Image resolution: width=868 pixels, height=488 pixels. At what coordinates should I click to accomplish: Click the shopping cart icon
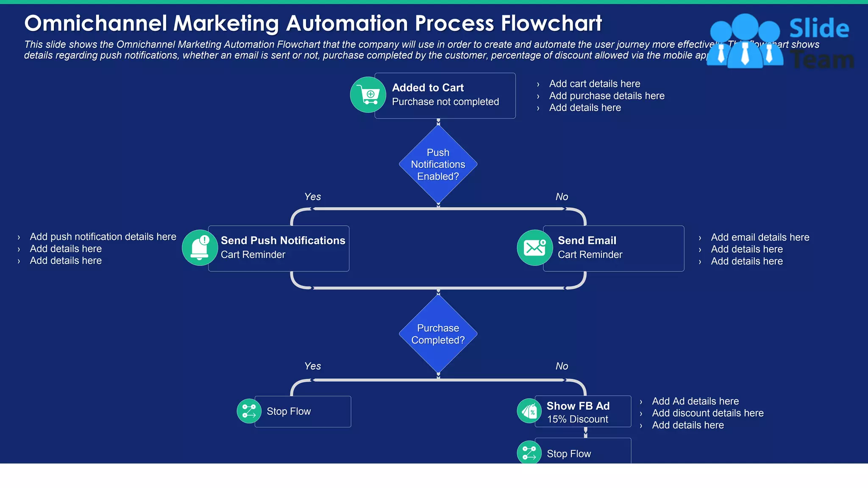[x=368, y=94]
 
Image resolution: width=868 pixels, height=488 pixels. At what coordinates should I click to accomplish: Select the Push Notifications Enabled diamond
[x=438, y=164]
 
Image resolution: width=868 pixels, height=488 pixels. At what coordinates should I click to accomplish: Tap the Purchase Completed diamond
[x=438, y=334]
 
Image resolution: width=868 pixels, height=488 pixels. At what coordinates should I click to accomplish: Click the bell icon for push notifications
[x=200, y=248]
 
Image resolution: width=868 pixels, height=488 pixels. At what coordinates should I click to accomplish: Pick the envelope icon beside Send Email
[x=534, y=248]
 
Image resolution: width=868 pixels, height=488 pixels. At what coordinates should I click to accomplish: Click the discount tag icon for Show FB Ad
[x=529, y=411]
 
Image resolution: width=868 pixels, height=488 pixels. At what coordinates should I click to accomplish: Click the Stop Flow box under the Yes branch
[x=303, y=411]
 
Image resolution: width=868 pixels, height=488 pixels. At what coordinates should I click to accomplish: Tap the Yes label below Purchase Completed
[x=312, y=366]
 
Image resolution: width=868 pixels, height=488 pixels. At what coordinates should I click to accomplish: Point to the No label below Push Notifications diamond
[x=562, y=197]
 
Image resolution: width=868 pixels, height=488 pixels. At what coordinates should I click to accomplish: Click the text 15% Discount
[x=577, y=419]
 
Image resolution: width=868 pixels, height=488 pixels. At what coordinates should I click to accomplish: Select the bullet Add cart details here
[x=594, y=84]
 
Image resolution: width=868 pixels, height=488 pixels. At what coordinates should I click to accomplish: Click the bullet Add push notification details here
[x=103, y=237]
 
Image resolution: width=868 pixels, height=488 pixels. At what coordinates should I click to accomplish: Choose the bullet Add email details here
[x=759, y=237]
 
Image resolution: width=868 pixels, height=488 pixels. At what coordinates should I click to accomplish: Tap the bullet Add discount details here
[x=707, y=413]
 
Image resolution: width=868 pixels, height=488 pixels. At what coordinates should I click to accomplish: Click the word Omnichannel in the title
[x=96, y=23]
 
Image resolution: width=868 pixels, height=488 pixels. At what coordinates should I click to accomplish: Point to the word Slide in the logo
[x=819, y=28]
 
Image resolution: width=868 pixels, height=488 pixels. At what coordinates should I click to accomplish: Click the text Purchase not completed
[x=445, y=102]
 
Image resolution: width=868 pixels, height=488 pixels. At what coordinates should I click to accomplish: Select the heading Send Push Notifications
[x=283, y=240]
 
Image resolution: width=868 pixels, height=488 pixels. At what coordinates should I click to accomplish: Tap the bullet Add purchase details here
[x=606, y=96]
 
